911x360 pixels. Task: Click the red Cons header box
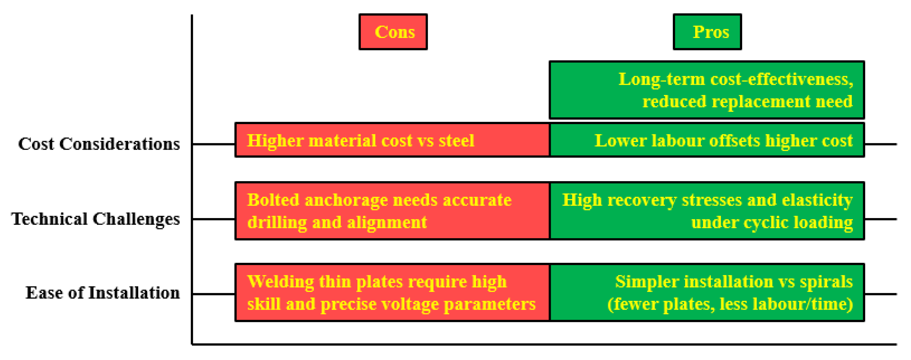[x=393, y=32]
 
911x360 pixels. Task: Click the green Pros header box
[x=707, y=32]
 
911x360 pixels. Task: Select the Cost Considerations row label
[x=99, y=144]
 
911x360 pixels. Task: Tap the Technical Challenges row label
[x=96, y=219]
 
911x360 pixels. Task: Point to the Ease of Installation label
[x=103, y=293]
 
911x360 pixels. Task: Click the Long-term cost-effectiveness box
[x=707, y=90]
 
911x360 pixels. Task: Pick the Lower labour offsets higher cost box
[x=707, y=140]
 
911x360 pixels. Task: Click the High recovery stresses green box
[x=707, y=211]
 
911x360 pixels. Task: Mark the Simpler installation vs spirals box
[x=707, y=292]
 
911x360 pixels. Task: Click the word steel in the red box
[x=456, y=141]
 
